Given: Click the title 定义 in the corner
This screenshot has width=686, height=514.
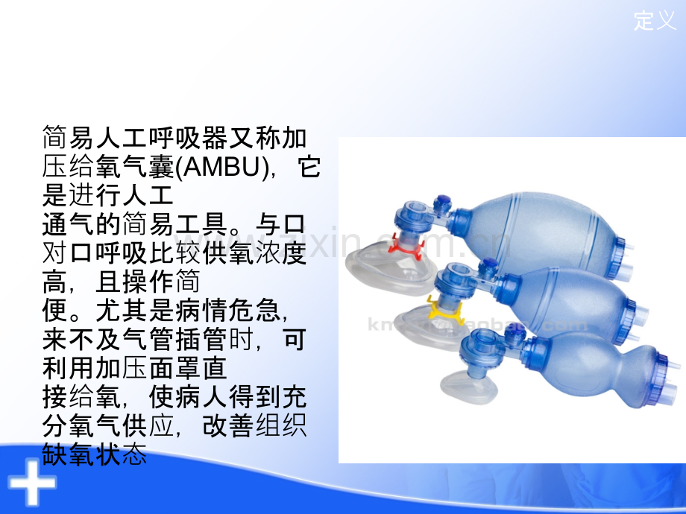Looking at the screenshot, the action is pyautogui.click(x=655, y=21).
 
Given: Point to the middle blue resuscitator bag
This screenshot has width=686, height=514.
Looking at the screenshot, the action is pyautogui.click(x=569, y=302).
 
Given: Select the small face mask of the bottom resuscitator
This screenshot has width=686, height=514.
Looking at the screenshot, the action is pyautogui.click(x=469, y=386).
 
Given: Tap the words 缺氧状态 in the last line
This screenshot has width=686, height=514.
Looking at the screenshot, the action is pyautogui.click(x=95, y=454).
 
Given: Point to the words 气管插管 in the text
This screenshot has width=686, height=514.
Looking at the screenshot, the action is pyautogui.click(x=174, y=339).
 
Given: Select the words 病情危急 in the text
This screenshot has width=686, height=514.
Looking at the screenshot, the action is pyautogui.click(x=227, y=310).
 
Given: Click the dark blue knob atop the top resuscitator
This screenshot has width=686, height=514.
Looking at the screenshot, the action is pyautogui.click(x=443, y=201).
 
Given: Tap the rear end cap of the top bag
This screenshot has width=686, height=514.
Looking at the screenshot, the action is pyautogui.click(x=620, y=259).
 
